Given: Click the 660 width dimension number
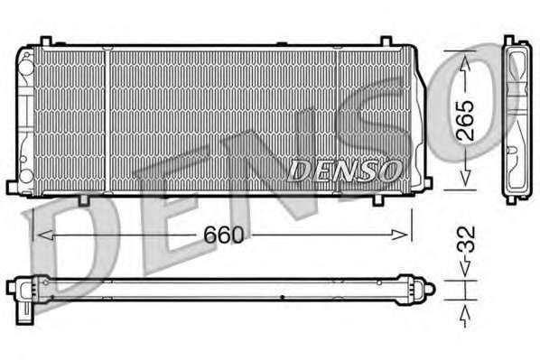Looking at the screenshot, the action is coord(224,235).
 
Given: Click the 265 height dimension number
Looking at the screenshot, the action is coord(466,121).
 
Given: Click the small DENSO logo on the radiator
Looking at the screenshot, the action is coord(344,171).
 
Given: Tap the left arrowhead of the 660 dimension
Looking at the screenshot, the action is coord(45,235).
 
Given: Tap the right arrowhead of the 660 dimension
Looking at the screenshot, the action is coord(399,235).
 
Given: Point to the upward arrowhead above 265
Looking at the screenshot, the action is coord(465,64).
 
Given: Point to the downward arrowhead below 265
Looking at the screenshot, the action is coord(465,178).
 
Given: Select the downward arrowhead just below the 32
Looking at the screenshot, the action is coord(465,269).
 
